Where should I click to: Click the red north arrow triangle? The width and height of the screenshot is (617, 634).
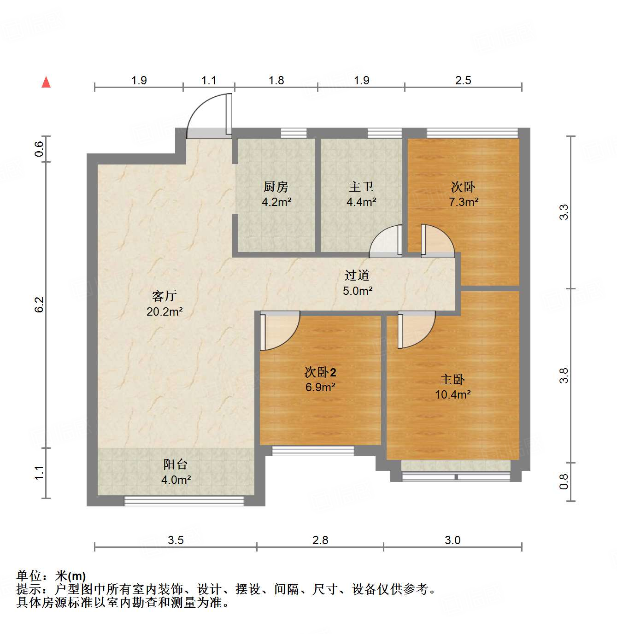46,82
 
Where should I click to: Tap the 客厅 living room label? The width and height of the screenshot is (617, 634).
165,296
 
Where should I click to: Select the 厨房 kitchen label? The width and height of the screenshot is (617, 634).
276,187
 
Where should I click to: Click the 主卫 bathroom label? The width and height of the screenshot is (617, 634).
361,187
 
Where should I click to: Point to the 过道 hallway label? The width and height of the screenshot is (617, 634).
357,276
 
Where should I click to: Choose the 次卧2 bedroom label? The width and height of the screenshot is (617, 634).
320,372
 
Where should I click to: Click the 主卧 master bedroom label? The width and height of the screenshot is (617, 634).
452,379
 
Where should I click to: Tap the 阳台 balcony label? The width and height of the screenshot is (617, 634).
176,464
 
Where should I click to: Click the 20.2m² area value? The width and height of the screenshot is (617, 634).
165,311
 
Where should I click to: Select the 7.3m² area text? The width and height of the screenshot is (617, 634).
464,202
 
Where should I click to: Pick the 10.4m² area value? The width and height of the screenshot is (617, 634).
453,394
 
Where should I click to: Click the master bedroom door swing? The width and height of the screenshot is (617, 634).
415,328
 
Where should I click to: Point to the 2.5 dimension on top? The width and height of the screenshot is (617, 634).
463,80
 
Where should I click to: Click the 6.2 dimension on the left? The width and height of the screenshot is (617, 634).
40,305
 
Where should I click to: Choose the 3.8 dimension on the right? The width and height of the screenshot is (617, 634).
564,376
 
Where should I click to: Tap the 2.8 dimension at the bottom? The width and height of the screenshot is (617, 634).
320,540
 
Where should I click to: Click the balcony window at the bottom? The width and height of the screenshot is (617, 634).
184,501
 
